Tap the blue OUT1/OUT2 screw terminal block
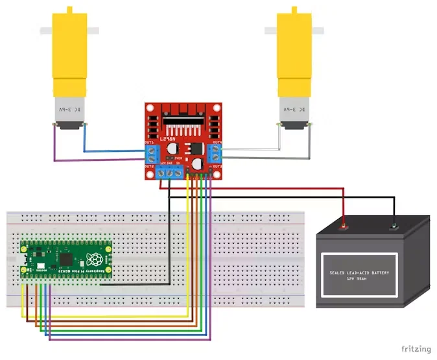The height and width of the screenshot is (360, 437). [x=152, y=153]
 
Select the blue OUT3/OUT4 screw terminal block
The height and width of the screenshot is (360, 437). [x=215, y=154]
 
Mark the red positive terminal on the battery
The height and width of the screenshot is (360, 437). [x=344, y=227]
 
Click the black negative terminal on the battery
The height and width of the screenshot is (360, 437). [x=393, y=226]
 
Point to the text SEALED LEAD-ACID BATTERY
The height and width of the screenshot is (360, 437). [x=359, y=272]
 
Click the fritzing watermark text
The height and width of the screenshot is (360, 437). [x=415, y=349]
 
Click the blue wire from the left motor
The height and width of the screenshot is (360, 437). [x=117, y=152]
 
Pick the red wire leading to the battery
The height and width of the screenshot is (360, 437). [x=259, y=189]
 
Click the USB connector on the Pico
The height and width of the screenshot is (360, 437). [x=25, y=258]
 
